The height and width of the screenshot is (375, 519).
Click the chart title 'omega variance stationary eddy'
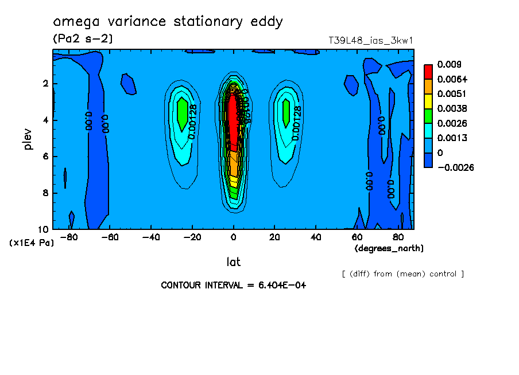168,22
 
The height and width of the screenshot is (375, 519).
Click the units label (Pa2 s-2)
83,39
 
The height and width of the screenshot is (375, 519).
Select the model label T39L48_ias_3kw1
371,40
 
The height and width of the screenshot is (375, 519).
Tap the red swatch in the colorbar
428,71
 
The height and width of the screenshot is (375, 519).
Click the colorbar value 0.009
449,64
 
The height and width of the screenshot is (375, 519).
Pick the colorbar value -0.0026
454,167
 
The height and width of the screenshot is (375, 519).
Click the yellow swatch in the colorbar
428,101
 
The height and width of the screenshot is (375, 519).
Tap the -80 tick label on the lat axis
69,237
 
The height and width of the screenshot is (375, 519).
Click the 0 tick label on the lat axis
234,237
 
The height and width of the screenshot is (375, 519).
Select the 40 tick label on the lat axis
315,237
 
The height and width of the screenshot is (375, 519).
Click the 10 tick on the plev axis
44,229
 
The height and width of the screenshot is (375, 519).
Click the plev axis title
28,139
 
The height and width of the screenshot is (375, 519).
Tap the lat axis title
233,262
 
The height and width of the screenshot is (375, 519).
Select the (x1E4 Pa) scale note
32,243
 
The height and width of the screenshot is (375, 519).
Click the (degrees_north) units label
389,248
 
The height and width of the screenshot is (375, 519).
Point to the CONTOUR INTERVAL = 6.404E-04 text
233,285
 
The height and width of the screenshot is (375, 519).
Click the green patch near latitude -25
182,114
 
